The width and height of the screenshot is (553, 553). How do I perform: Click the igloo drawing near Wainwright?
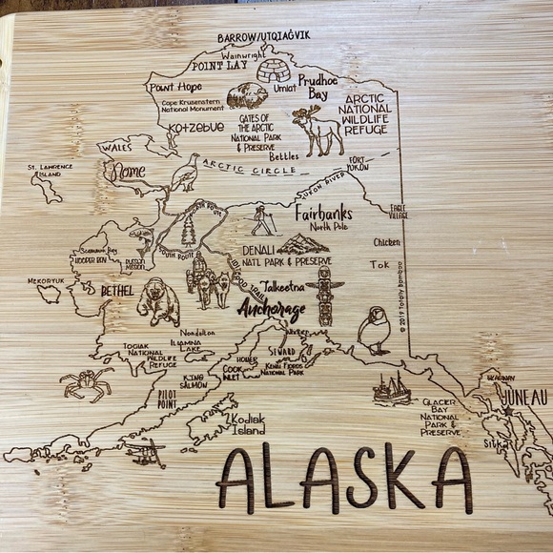pos(274,70)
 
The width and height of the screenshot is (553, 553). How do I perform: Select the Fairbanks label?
pos(324,212)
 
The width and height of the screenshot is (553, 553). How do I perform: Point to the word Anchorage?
pos(273,311)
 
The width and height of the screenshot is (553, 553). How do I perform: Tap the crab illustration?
pos(85,384)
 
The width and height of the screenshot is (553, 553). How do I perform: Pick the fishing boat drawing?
pos(391,388)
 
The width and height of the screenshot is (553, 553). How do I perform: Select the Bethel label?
pos(112,288)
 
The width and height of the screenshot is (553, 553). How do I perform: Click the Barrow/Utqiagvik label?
pos(264,36)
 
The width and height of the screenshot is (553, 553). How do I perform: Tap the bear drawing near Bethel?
pos(158,300)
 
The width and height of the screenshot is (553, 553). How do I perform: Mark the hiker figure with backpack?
pos(262,222)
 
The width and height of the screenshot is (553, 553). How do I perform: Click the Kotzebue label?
pos(195,128)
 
